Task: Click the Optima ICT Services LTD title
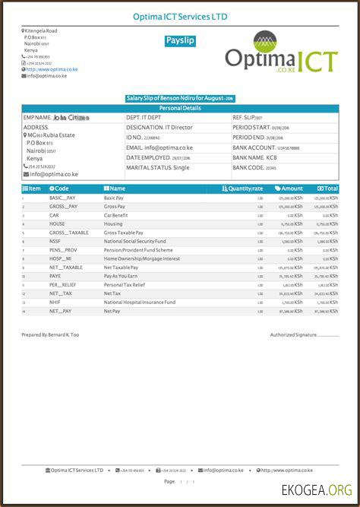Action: (179, 16)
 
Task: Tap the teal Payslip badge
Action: (180, 41)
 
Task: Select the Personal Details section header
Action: (180, 109)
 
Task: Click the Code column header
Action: (59, 188)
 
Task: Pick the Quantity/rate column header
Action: (242, 188)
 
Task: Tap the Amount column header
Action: (289, 188)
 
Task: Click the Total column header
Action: (327, 188)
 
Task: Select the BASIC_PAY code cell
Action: (63, 198)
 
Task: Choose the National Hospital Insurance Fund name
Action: (139, 302)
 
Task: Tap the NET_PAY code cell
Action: (60, 311)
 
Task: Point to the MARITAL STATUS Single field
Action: (157, 166)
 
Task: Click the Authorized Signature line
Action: (304, 334)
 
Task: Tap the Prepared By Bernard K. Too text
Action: (51, 334)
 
